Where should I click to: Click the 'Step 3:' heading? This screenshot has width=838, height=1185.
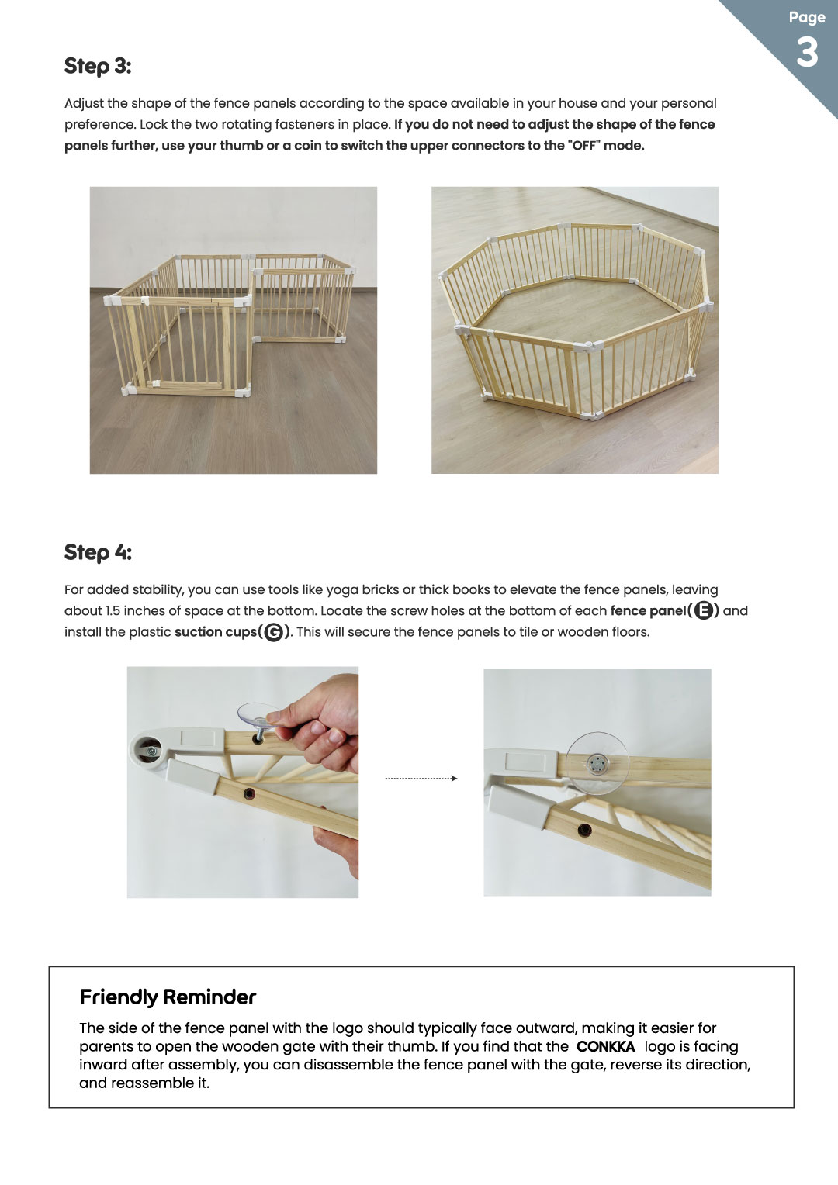click(x=98, y=66)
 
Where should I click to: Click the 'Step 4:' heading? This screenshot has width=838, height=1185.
click(x=98, y=552)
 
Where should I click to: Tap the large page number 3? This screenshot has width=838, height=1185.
click(x=807, y=53)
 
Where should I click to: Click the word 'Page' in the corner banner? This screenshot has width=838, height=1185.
click(x=807, y=17)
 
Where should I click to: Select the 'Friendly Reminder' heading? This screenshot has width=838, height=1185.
click(x=168, y=997)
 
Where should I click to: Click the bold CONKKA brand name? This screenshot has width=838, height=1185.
click(x=605, y=1046)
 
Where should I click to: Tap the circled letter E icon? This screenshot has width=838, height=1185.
click(x=704, y=610)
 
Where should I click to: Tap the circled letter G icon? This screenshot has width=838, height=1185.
click(x=274, y=632)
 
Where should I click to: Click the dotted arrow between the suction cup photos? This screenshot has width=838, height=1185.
click(x=421, y=778)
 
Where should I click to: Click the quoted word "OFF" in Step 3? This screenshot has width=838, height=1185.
click(x=584, y=146)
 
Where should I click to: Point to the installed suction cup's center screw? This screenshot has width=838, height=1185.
click(x=597, y=763)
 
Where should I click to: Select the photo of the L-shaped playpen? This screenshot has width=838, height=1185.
click(x=234, y=330)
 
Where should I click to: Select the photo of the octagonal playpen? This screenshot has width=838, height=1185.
click(x=575, y=330)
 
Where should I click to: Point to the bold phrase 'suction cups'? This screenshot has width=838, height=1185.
click(x=216, y=632)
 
